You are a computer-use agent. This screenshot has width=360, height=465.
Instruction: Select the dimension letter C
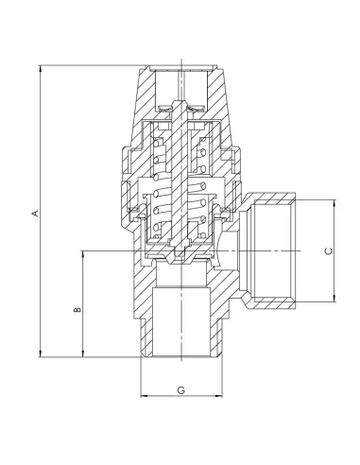[329, 250]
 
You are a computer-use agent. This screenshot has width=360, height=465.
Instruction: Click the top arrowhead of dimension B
[84, 254]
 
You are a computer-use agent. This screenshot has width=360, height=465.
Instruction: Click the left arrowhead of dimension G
[144, 395]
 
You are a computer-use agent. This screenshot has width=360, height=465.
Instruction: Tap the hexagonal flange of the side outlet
[248, 250]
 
